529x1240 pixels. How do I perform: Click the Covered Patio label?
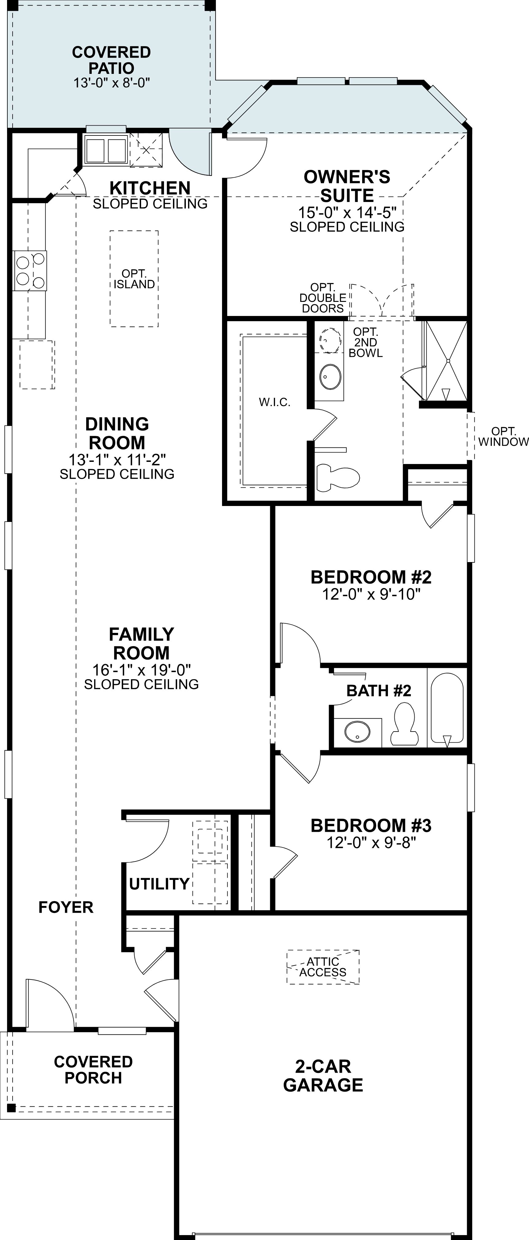112,60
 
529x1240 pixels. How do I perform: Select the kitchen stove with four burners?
30,271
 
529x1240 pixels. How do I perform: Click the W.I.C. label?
274,402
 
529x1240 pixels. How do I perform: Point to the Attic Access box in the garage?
323,967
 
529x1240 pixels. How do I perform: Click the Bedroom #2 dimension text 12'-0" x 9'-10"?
371,595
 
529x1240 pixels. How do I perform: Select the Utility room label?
159,884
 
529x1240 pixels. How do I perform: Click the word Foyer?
66,907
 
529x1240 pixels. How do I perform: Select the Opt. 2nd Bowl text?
366,342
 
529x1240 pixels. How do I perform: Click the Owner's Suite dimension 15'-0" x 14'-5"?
347,212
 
